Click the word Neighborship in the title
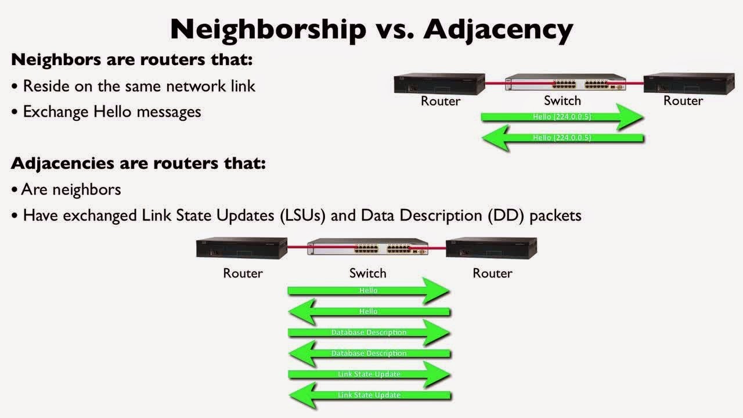point(268,29)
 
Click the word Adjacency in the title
point(498,29)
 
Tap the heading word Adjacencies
point(63,163)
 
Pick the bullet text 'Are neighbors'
point(71,189)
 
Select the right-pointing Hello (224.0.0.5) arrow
point(561,117)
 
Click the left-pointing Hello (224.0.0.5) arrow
point(561,138)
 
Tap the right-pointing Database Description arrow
point(369,333)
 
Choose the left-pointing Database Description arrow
point(369,353)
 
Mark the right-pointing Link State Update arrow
point(369,374)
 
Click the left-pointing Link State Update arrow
point(369,395)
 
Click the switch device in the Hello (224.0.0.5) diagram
point(565,83)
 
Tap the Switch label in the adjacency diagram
point(367,273)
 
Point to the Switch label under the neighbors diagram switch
point(562,101)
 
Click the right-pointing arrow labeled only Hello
point(369,290)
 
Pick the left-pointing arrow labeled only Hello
point(369,311)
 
